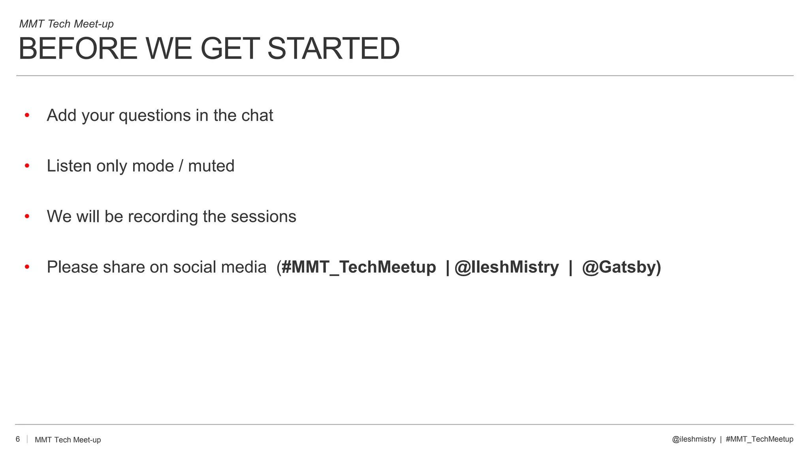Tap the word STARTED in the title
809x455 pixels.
pyautogui.click(x=333, y=49)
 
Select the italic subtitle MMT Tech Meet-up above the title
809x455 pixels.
pyautogui.click(x=66, y=24)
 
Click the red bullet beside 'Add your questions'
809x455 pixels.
pyautogui.click(x=27, y=115)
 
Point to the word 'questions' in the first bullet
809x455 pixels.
pyautogui.click(x=155, y=116)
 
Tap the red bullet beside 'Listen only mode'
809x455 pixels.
pyautogui.click(x=27, y=166)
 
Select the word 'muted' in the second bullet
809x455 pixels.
pyautogui.click(x=211, y=166)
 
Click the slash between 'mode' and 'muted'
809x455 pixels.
pyautogui.click(x=181, y=166)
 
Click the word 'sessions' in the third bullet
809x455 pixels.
pyautogui.click(x=263, y=216)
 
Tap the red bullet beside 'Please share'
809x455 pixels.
pyautogui.click(x=27, y=267)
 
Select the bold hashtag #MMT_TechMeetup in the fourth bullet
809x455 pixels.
pyautogui.click(x=358, y=267)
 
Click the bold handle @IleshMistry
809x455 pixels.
pyautogui.click(x=507, y=267)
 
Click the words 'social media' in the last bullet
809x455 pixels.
pyautogui.click(x=220, y=267)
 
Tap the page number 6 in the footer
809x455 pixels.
pyautogui.click(x=18, y=439)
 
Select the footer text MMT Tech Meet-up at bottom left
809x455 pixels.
pyautogui.click(x=68, y=440)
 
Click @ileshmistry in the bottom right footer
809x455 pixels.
pyautogui.click(x=694, y=439)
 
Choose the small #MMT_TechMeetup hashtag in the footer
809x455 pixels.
pyautogui.click(x=759, y=439)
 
